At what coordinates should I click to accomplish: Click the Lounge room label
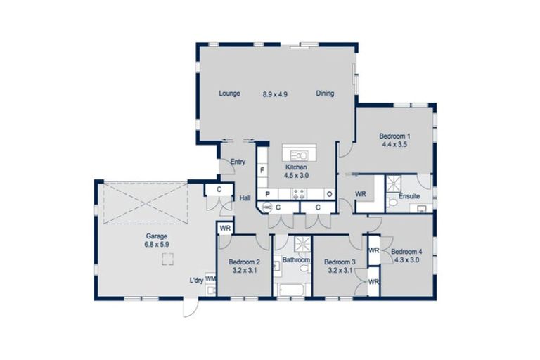coord(229,94)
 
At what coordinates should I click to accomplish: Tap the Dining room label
coord(325,94)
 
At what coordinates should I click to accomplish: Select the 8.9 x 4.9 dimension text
coord(276,94)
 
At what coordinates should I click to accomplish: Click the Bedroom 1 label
coord(394,136)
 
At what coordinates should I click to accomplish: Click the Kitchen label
coord(296,167)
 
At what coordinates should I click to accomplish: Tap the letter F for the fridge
coord(262,171)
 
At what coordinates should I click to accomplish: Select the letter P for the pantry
coord(267,194)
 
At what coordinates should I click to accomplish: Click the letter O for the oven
coord(328,194)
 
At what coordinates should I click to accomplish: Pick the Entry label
coord(238,162)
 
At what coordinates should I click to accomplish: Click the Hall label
coord(245,199)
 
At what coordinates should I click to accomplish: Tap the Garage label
coord(157,237)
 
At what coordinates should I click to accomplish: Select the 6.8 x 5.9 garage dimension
coord(157,245)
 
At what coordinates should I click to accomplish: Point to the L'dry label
coord(196,281)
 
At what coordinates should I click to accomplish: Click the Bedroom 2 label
coord(244,262)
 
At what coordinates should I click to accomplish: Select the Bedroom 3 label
coord(340,262)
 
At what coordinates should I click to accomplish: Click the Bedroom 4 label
coord(406,252)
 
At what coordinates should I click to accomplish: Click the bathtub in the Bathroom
coord(292,289)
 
